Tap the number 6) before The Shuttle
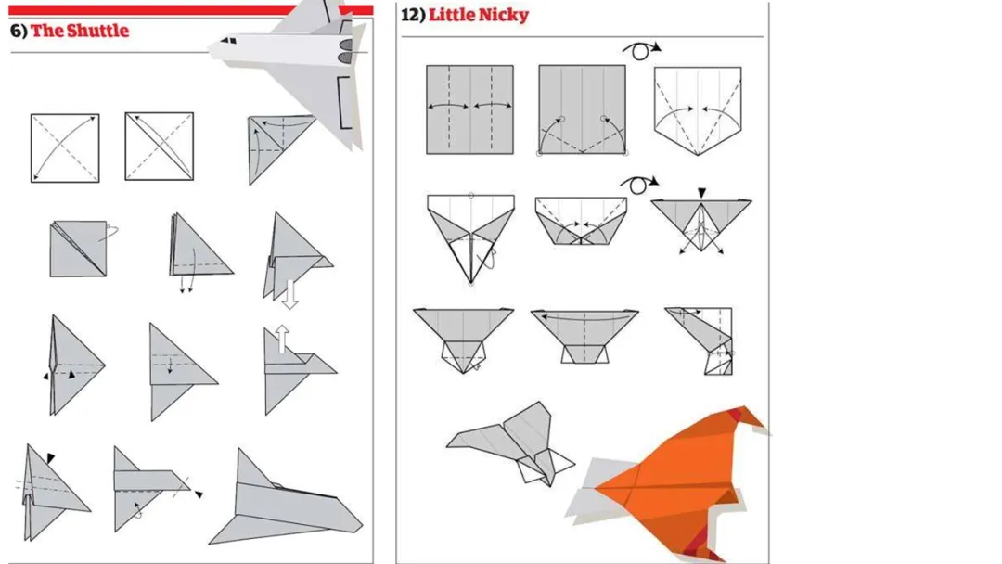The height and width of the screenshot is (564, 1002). pos(19,31)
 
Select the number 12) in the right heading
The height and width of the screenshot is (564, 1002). pos(413,15)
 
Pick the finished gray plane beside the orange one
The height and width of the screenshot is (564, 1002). pos(511,442)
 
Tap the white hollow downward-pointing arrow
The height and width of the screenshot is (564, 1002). pos(290,294)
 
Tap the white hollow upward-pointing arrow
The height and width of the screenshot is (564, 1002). pos(282,340)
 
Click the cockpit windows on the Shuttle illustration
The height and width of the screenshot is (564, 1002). pos(228,41)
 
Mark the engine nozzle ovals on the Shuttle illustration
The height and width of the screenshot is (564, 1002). pos(346,51)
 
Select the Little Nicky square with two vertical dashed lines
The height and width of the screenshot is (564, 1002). pos(469,109)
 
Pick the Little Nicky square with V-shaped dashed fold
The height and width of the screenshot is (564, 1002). pos(582,109)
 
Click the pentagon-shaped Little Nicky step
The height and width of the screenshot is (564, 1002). pos(698,110)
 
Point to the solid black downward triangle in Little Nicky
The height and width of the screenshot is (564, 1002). pos(701,193)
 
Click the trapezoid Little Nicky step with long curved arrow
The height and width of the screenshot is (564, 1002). pos(584,337)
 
